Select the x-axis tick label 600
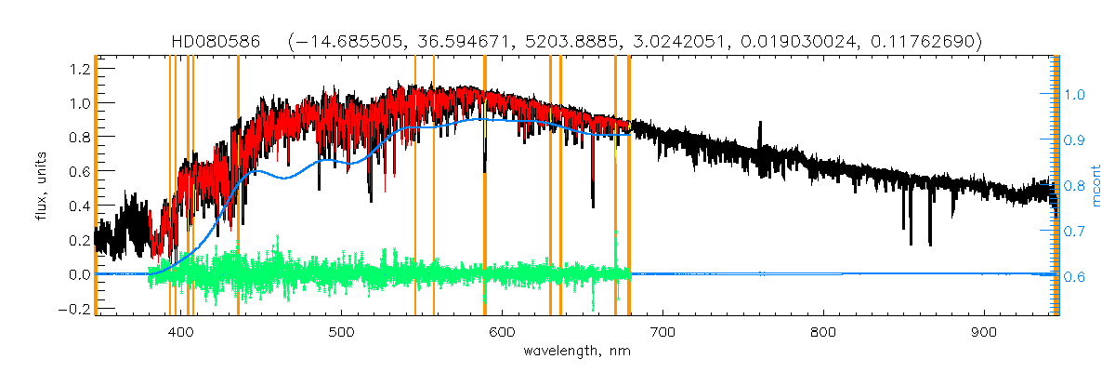pos(502,332)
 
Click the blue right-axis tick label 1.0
pos(1075,94)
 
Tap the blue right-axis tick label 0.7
pos(1075,232)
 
